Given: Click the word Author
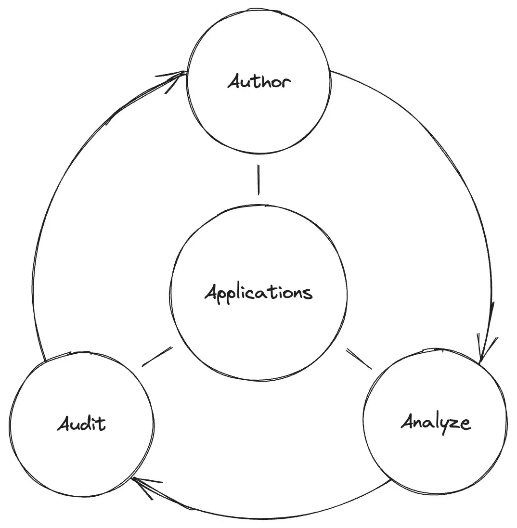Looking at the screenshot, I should pyautogui.click(x=259, y=82).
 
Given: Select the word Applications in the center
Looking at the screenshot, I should pyautogui.click(x=258, y=292).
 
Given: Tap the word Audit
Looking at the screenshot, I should pyautogui.click(x=81, y=424).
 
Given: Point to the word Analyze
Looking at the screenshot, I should pyautogui.click(x=436, y=423).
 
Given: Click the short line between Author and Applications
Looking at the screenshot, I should pyautogui.click(x=258, y=180).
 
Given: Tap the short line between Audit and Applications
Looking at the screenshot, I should pyautogui.click(x=157, y=356).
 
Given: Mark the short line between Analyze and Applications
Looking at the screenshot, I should pyautogui.click(x=359, y=359).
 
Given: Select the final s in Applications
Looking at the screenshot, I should pyautogui.click(x=308, y=293).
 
